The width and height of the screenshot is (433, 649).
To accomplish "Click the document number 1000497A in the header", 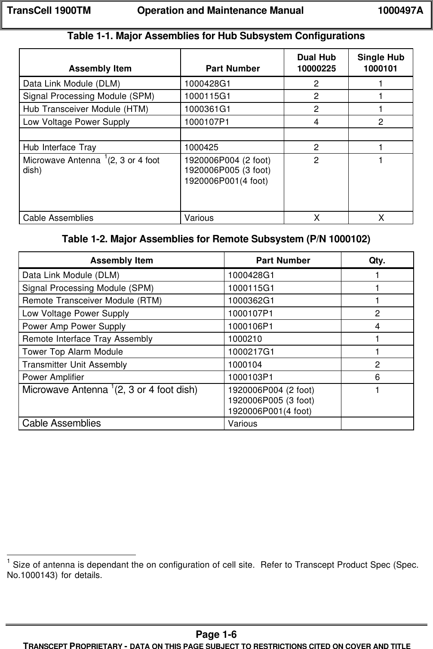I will coord(400,11).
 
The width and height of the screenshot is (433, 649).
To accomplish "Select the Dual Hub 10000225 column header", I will coord(316,63).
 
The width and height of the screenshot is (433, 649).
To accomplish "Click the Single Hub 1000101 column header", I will coord(381,63).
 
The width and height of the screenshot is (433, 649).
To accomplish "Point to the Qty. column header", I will coord(377,260).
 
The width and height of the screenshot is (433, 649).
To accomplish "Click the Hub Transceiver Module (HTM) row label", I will coord(86,109).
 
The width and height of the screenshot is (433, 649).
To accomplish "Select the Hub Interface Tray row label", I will coord(60,148).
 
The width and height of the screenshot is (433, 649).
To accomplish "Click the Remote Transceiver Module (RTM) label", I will coord(92,300).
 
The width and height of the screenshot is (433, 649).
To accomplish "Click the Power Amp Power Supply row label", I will coord(74,326).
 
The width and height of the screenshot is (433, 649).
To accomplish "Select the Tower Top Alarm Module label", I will coord(73,352).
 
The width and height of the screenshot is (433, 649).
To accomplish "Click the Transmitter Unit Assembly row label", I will coord(75,365).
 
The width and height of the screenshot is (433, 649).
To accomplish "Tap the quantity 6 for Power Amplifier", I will coord(377,377).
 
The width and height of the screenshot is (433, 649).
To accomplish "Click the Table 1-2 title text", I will coord(216,239).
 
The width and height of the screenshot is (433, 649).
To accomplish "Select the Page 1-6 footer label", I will coord(216,635).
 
